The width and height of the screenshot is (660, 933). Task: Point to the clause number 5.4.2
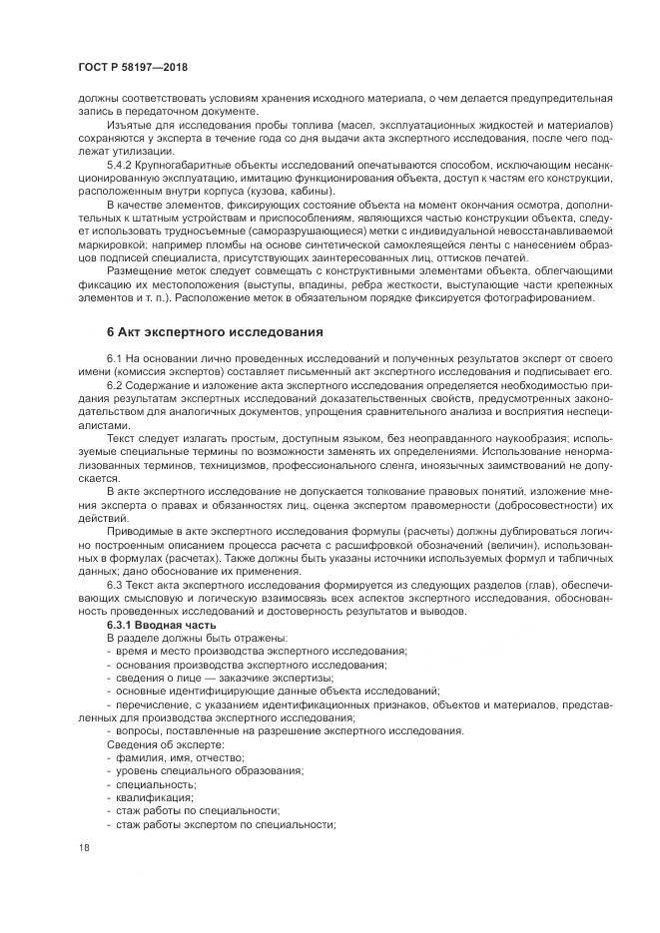coord(120,163)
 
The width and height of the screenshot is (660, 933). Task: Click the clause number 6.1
coord(114,357)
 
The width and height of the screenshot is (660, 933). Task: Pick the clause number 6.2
coord(114,384)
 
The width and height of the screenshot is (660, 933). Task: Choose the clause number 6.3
coord(114,584)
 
